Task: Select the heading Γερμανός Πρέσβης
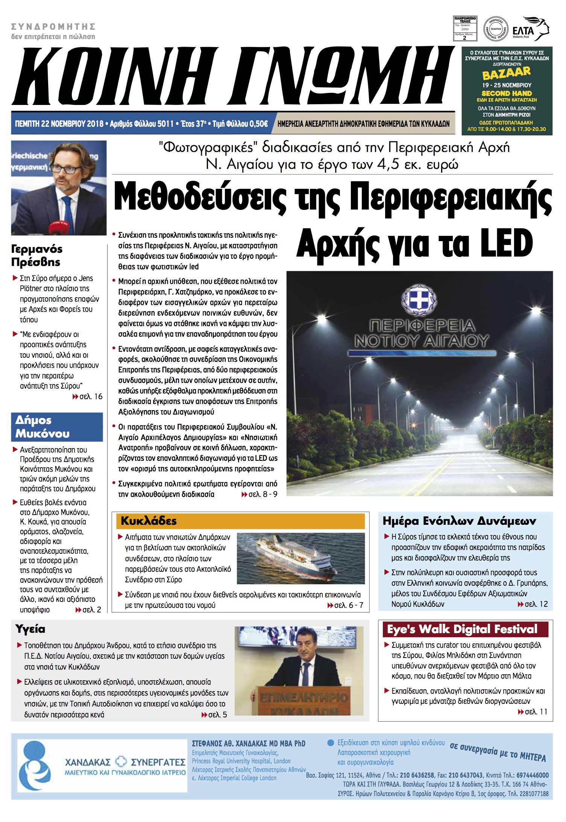point(36,255)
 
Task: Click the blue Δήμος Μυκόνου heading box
point(57,427)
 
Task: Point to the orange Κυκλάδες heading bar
point(241,521)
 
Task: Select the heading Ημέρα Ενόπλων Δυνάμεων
point(459,521)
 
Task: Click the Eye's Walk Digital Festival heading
point(463,629)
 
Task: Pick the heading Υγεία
point(30,629)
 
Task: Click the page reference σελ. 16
point(87,397)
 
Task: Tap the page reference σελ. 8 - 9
point(259,494)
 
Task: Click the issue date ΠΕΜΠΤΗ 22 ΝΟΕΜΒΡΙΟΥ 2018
point(59,124)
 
